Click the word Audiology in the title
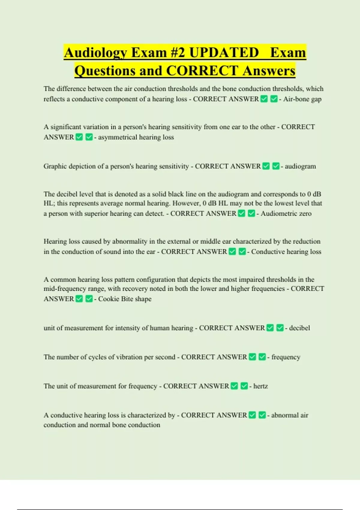[95, 53]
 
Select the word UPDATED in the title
[224, 53]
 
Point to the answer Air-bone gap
[302, 99]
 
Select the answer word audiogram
[300, 166]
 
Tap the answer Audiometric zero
[286, 213]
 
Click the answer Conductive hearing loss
[286, 251]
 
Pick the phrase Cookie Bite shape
[125, 299]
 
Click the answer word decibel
[299, 328]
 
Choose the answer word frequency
[286, 357]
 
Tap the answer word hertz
[260, 386]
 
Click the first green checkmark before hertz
[235, 386]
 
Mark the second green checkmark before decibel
[280, 328]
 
